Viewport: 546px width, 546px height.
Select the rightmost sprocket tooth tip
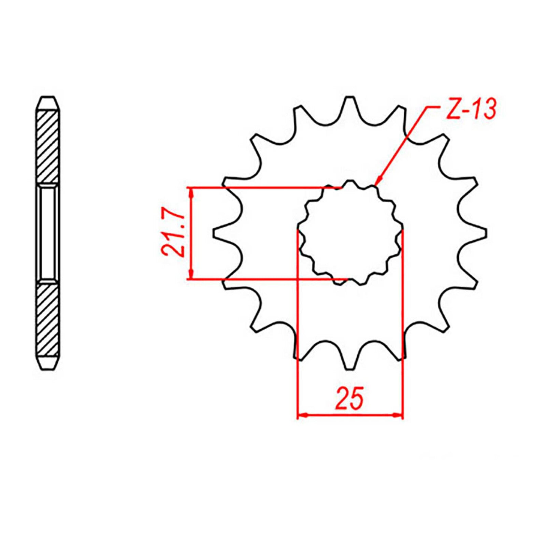pos(485,233)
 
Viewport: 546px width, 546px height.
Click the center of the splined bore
pos(350,233)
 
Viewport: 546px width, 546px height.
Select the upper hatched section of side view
pos(47,147)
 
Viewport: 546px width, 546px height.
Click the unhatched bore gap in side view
pos(47,233)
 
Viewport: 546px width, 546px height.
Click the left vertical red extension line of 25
pos(298,324)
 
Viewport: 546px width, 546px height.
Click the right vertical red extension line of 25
pos(403,324)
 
